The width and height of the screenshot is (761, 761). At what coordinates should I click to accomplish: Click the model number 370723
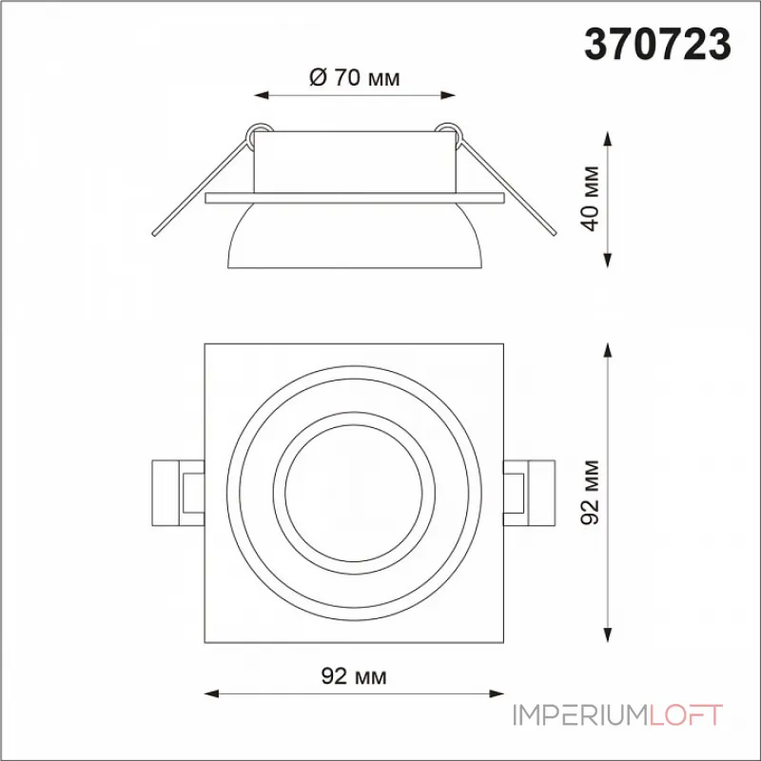(x=657, y=44)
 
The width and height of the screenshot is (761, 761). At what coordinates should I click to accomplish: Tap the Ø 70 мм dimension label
(x=354, y=78)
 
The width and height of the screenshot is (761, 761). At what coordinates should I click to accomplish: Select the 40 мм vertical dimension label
(x=591, y=199)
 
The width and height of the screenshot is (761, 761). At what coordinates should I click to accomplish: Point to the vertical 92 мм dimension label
(x=591, y=492)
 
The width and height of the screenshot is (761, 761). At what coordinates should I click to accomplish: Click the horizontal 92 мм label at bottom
(x=354, y=675)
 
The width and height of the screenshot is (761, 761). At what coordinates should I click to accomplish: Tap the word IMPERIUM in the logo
(x=581, y=715)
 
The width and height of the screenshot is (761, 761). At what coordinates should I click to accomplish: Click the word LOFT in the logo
(x=686, y=715)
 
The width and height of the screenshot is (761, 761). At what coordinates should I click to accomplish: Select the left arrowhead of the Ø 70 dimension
(x=261, y=95)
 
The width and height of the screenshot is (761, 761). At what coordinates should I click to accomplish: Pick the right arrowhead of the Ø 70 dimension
(x=448, y=95)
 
